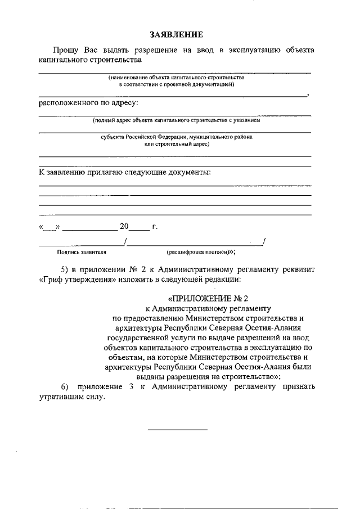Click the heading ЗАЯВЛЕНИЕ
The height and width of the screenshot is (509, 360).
[175, 35]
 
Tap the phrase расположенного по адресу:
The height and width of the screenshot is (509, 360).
[88, 102]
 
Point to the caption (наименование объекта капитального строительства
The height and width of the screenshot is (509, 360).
[177, 78]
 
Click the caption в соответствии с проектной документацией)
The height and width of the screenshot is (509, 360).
[177, 84]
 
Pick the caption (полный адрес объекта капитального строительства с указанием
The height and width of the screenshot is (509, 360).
[177, 120]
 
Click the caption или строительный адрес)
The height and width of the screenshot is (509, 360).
[177, 144]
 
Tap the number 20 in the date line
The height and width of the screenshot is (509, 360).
[124, 227]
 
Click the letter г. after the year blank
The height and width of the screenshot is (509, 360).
[155, 227]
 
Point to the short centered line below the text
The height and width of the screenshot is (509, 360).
[177, 430]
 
